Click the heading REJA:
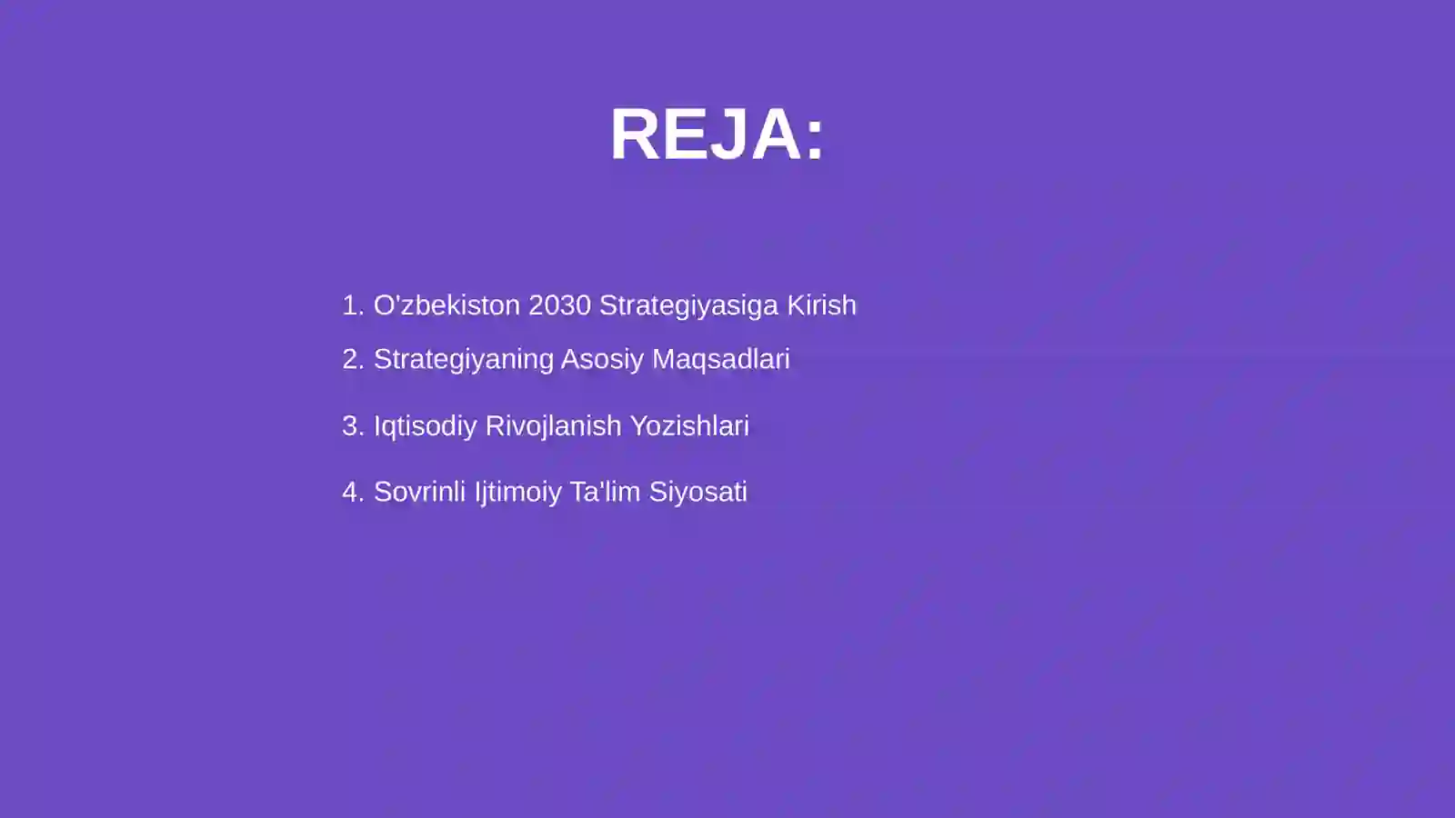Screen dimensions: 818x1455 [717, 135]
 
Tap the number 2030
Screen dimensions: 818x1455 [559, 305]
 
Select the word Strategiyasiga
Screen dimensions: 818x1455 [688, 306]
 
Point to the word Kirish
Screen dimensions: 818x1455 [821, 305]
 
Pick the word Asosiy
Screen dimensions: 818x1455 [602, 360]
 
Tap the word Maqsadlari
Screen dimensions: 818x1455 [720, 360]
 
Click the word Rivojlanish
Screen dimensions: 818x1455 [553, 426]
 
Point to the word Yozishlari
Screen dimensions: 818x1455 [689, 426]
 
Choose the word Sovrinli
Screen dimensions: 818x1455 [419, 492]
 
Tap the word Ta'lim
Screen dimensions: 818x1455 [605, 492]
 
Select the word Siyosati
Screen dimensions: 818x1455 [697, 493]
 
